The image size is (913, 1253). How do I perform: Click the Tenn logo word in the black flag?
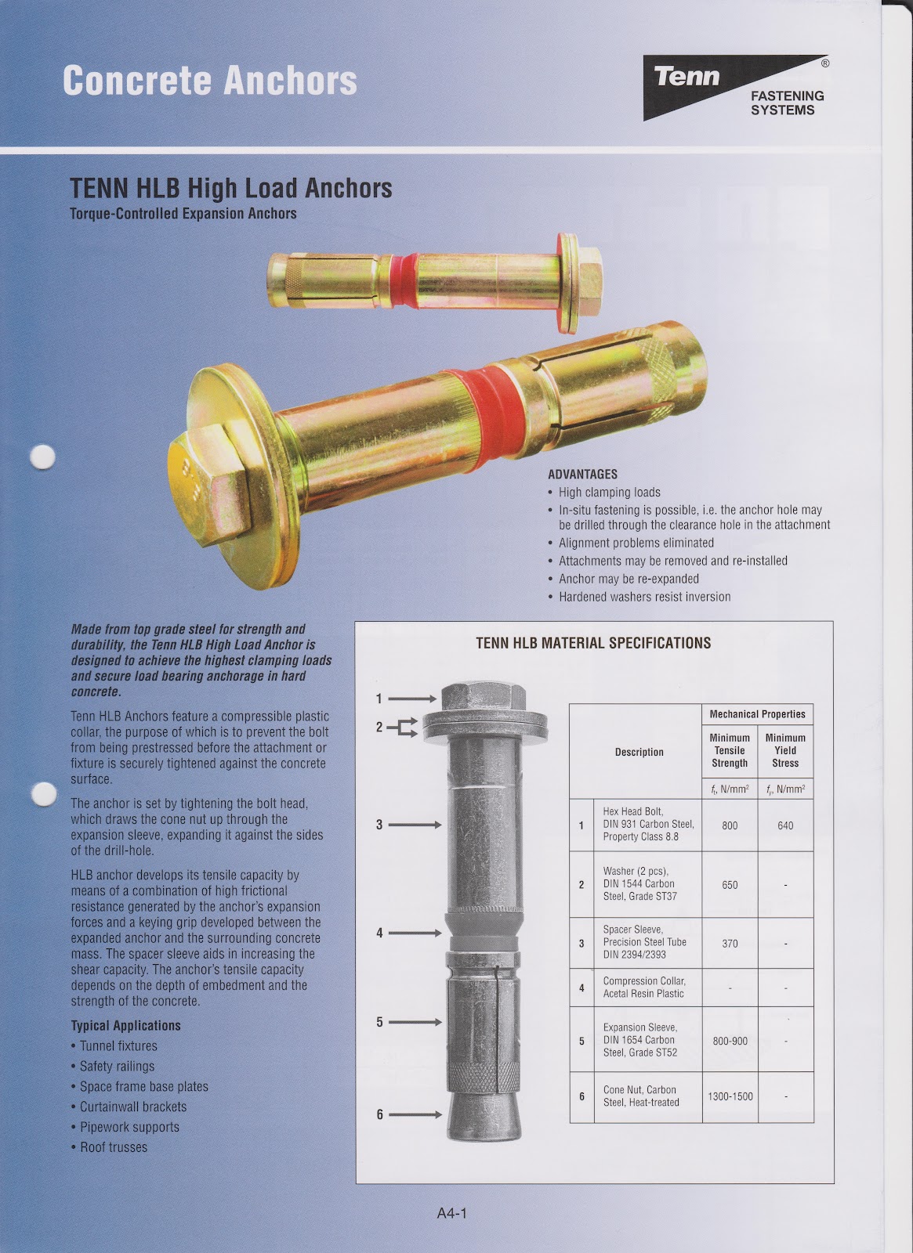(687, 76)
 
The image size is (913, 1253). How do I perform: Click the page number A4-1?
(452, 1214)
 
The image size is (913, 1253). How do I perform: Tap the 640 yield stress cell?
(785, 825)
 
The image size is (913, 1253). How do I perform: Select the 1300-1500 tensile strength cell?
(730, 1096)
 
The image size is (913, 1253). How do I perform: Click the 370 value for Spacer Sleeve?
(730, 944)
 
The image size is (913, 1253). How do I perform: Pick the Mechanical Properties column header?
(757, 714)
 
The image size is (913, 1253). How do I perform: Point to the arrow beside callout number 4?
(415, 933)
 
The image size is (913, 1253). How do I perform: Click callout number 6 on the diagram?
(379, 1114)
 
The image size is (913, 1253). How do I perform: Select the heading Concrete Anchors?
(209, 81)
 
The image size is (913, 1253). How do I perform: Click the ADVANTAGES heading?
(582, 475)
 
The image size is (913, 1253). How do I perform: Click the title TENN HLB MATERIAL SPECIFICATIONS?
(593, 643)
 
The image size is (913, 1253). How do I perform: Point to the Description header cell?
(639, 752)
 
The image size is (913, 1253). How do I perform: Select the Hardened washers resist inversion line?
(644, 597)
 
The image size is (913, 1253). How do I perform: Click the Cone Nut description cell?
(640, 1096)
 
